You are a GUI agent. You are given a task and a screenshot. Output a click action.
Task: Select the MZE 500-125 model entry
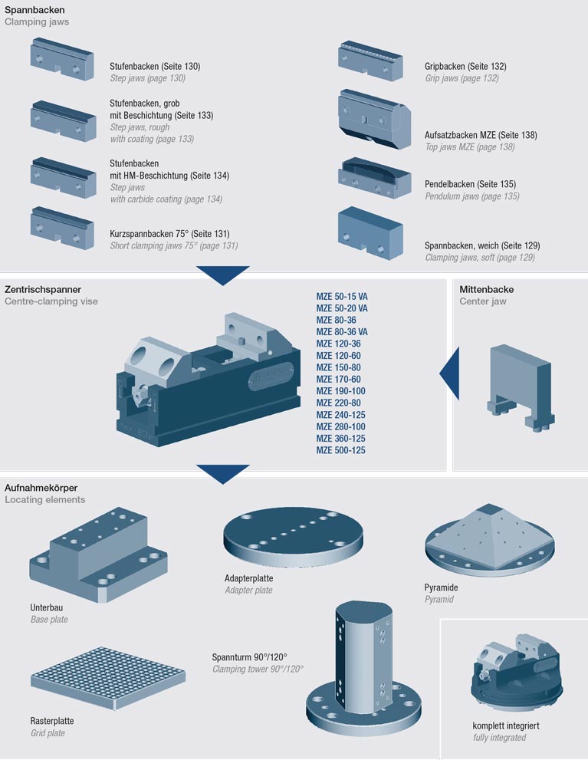[340, 450]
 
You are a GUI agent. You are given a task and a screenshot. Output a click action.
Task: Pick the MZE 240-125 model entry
[340, 414]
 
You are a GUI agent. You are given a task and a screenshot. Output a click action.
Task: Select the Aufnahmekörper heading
[41, 488]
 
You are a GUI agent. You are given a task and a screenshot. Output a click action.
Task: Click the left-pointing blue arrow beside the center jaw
[448, 373]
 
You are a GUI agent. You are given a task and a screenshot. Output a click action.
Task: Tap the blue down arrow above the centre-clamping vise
[222, 275]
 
